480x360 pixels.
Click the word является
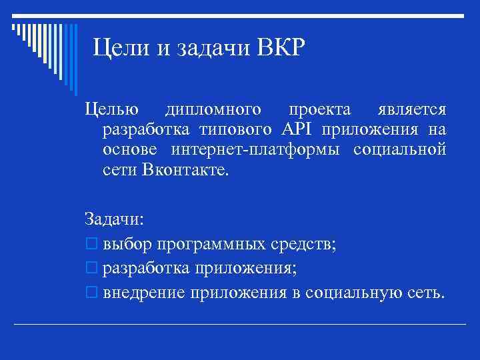pyautogui.click(x=412, y=110)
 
